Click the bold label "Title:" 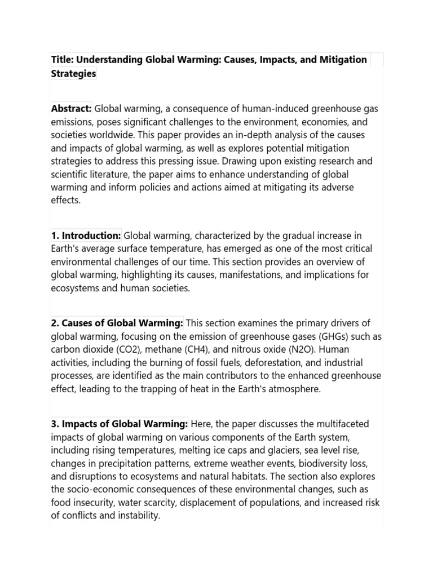coord(62,60)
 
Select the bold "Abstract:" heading coord(71,109)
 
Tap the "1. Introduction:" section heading coord(86,235)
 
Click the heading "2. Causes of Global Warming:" coord(117,323)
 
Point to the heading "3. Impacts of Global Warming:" coord(119,424)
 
